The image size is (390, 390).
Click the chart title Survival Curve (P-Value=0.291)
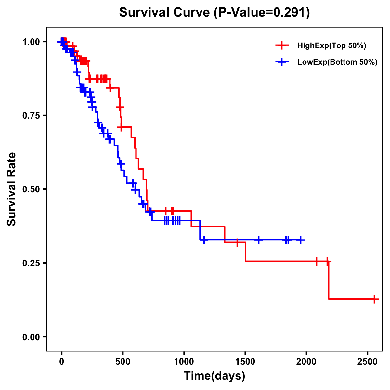(214, 12)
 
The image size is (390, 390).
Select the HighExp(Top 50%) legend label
(332, 46)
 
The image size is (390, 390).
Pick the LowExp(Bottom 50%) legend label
(337, 62)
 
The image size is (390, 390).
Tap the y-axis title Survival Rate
(12, 189)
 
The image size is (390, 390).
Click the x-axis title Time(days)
(214, 376)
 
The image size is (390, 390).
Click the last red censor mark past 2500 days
(374, 299)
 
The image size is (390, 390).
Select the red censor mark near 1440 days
(238, 242)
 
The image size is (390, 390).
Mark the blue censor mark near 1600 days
(259, 240)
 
